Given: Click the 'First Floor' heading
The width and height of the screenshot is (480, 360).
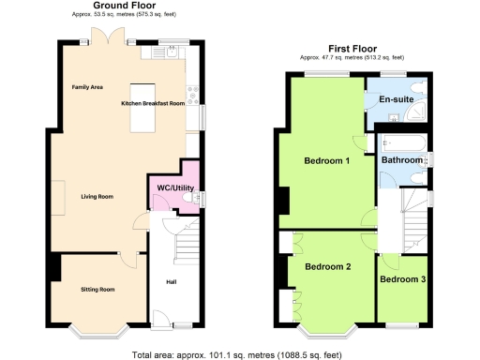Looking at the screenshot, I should click(352, 48).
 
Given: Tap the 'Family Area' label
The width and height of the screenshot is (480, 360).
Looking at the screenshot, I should click(87, 87).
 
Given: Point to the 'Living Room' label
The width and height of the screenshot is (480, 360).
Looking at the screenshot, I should click(97, 196).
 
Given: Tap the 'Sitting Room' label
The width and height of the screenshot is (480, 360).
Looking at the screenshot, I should click(97, 290).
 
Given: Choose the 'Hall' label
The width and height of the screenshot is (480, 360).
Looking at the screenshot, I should click(172, 280).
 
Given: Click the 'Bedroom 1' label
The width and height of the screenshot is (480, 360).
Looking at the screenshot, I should click(327, 160).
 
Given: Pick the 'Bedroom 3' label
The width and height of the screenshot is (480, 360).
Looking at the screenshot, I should click(402, 279).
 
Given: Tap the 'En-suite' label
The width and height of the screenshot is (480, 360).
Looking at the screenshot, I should click(396, 98).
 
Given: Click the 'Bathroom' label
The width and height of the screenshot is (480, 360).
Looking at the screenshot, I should click(401, 160).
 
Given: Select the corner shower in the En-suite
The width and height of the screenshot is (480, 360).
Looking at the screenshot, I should click(417, 112).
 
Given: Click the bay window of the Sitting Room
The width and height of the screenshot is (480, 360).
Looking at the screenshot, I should click(97, 330).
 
